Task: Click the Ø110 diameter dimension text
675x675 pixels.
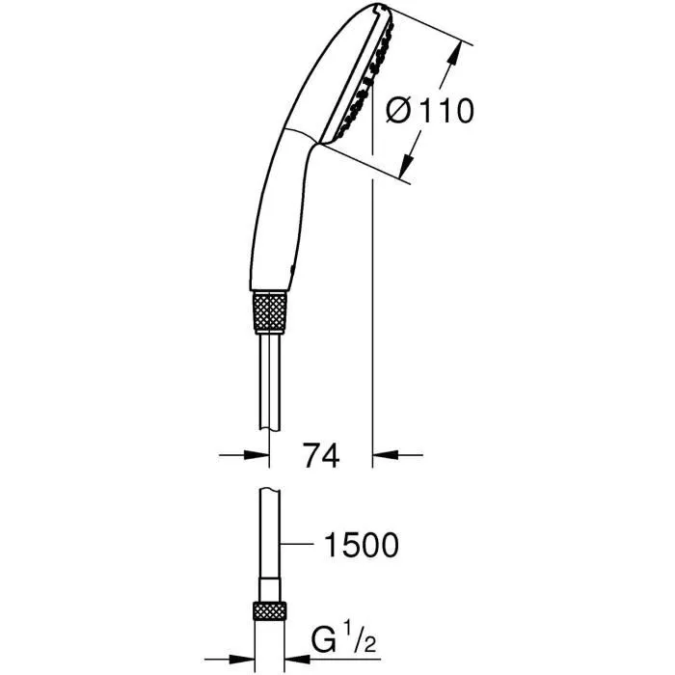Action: (x=429, y=111)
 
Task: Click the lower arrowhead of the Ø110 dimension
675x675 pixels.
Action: (x=410, y=161)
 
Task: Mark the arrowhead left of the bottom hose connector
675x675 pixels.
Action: (x=245, y=643)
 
